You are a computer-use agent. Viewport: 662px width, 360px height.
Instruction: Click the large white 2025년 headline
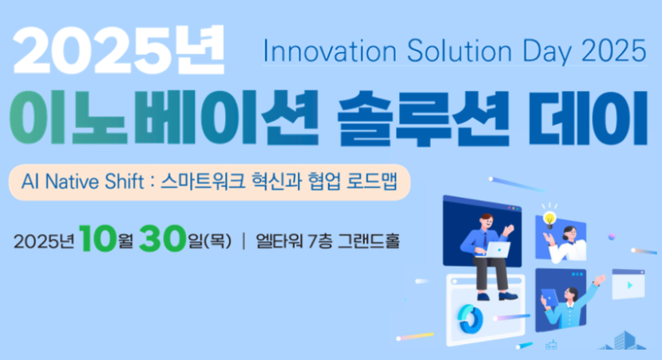click(119, 49)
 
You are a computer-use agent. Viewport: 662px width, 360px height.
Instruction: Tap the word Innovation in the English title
click(330, 51)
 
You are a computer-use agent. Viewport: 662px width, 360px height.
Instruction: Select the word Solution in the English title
click(459, 51)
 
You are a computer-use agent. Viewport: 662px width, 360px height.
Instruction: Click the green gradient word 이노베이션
click(164, 118)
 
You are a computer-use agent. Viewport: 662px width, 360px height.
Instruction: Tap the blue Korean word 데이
click(587, 118)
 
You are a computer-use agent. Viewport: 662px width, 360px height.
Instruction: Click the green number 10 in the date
click(97, 239)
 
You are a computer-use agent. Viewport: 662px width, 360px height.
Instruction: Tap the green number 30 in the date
click(163, 239)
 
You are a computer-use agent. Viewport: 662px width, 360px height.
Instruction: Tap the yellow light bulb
click(549, 219)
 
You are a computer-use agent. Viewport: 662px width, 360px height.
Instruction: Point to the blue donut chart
click(470, 318)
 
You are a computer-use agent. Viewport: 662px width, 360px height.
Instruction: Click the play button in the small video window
click(630, 285)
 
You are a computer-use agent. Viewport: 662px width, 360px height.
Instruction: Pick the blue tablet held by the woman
click(549, 297)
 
